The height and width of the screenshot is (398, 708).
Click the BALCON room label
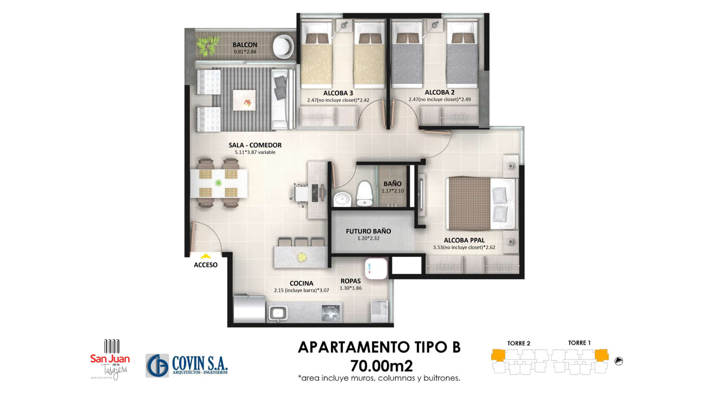tap(245, 45)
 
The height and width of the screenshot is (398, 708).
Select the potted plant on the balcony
tap(207, 46)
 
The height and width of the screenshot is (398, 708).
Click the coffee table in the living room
tap(244, 100)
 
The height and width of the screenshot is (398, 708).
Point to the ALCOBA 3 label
tap(338, 93)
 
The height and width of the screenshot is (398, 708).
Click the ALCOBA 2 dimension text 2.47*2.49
tap(440, 99)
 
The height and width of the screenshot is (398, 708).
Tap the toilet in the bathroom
tap(364, 194)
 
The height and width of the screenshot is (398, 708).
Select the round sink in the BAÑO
tap(342, 199)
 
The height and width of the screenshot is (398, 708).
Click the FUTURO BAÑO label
tap(368, 231)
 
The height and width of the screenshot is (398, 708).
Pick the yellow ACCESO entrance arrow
tap(206, 256)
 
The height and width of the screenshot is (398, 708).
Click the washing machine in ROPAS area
tap(376, 268)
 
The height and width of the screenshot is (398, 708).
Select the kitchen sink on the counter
tap(278, 313)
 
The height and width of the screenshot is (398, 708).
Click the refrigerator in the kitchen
tap(249, 309)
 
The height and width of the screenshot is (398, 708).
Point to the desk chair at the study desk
tap(299, 195)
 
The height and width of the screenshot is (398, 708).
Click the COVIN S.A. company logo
tap(187, 366)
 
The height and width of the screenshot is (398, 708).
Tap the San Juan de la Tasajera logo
tap(110, 360)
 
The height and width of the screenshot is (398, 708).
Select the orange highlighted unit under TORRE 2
tap(498, 355)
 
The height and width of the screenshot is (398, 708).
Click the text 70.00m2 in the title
tap(382, 366)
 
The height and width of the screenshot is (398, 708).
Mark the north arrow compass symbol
tap(619, 361)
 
